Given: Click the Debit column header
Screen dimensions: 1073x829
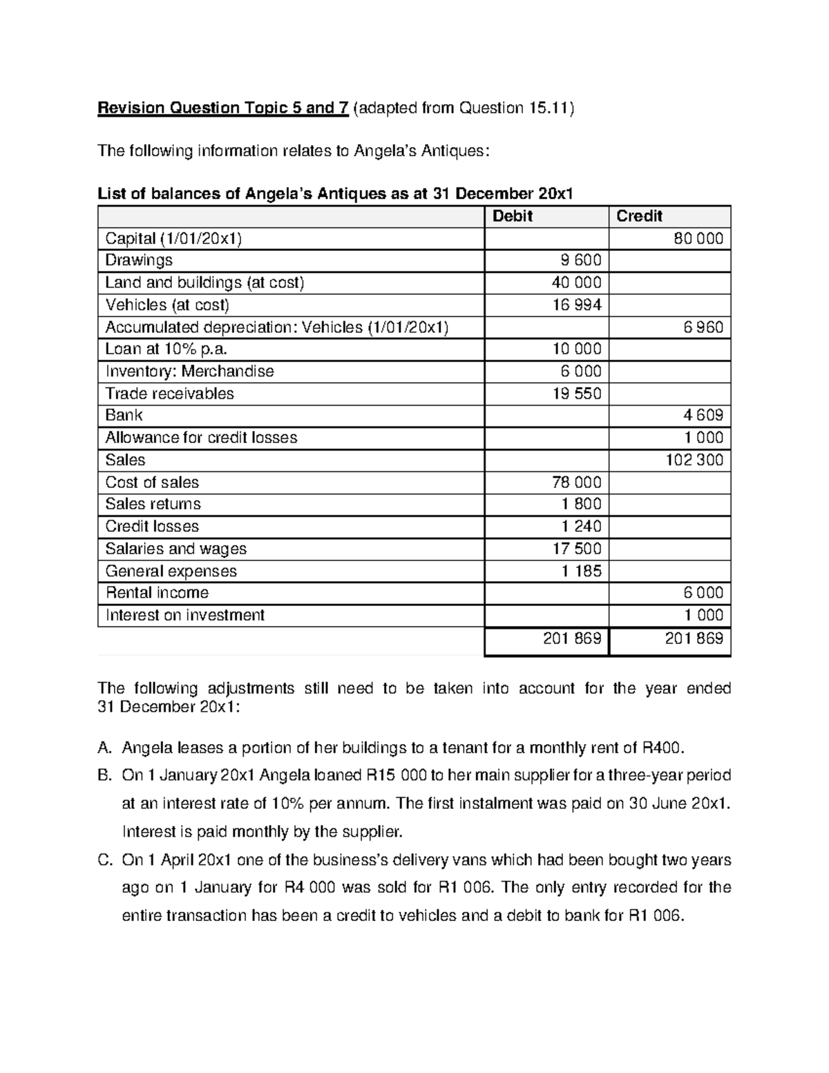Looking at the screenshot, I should (512, 216).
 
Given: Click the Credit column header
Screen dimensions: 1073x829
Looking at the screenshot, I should (639, 216).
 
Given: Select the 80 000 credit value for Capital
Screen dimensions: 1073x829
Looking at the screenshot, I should (698, 239).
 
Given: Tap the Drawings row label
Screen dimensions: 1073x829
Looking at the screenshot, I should (139, 260).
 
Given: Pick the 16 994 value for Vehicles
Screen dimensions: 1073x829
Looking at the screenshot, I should (577, 305).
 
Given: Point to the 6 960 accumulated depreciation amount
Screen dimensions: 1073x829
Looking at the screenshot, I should (703, 327).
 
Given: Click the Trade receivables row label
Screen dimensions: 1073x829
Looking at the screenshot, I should (169, 394).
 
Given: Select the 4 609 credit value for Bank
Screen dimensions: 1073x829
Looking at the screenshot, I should (703, 415).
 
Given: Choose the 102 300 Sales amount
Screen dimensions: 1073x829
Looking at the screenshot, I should (694, 460).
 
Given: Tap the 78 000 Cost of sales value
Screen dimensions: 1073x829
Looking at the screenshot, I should (577, 482).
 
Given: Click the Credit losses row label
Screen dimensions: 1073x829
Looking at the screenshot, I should (152, 526).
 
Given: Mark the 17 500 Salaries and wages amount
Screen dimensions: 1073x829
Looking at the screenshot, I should (577, 549).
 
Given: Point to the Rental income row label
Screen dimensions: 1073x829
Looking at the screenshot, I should (157, 593).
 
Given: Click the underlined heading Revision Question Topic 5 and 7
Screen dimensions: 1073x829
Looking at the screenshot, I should (222, 108).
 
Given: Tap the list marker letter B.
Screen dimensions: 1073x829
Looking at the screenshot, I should (104, 775).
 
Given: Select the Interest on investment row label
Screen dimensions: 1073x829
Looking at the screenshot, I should (184, 615).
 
